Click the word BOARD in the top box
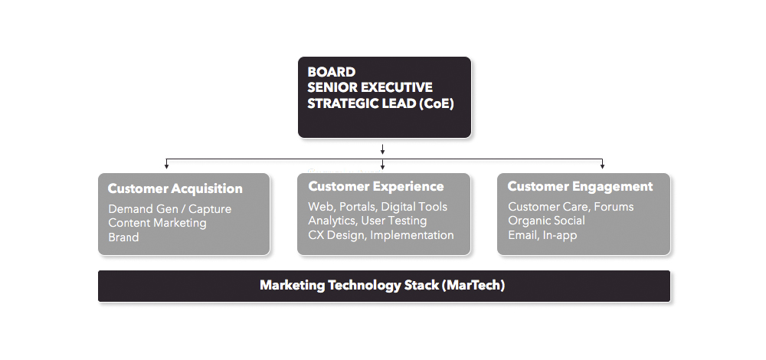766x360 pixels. click(x=331, y=72)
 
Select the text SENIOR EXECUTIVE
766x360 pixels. click(x=370, y=87)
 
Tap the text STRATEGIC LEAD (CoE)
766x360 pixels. click(x=381, y=103)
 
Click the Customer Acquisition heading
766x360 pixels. click(x=175, y=188)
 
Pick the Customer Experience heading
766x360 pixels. click(x=375, y=186)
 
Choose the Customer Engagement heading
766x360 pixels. click(x=580, y=186)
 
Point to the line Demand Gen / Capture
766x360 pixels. click(x=169, y=209)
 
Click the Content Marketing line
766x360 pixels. click(x=157, y=223)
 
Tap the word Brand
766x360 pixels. click(x=123, y=237)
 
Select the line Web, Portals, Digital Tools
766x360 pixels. click(x=378, y=207)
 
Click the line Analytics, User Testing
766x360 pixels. click(x=368, y=221)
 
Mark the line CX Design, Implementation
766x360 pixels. click(x=381, y=235)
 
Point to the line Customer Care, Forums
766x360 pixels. click(x=571, y=207)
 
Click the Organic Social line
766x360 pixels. click(x=546, y=221)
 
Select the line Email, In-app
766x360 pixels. click(x=542, y=235)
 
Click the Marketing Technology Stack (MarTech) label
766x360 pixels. click(x=382, y=285)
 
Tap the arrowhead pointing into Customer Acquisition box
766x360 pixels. click(x=166, y=166)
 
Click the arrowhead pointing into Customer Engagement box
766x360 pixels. click(x=602, y=166)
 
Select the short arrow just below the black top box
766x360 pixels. click(x=382, y=149)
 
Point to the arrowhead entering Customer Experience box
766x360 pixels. click(x=382, y=166)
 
